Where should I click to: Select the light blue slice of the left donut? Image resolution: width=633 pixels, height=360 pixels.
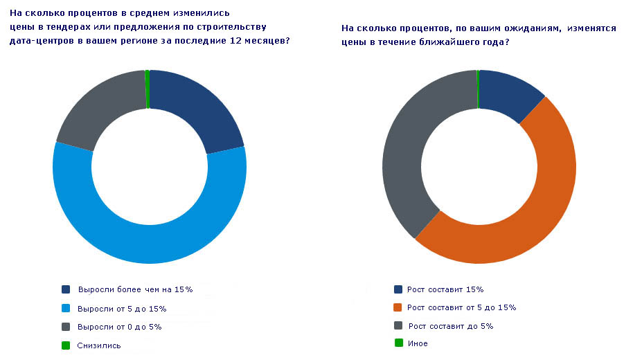[149, 242]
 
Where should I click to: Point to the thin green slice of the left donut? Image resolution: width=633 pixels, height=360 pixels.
[148, 89]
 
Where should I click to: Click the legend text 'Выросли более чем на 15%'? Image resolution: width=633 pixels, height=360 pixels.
[134, 289]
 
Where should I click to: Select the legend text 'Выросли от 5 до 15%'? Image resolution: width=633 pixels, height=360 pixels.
[122, 308]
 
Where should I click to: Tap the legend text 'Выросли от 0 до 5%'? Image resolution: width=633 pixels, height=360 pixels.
[119, 327]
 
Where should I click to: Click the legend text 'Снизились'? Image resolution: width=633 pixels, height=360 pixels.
[100, 345]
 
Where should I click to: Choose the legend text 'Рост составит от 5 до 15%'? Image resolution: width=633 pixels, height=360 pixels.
[461, 307]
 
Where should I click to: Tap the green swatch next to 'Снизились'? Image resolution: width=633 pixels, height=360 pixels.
[66, 345]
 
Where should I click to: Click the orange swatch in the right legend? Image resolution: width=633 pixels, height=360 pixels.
[398, 307]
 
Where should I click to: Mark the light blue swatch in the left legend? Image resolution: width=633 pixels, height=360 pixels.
[66, 308]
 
